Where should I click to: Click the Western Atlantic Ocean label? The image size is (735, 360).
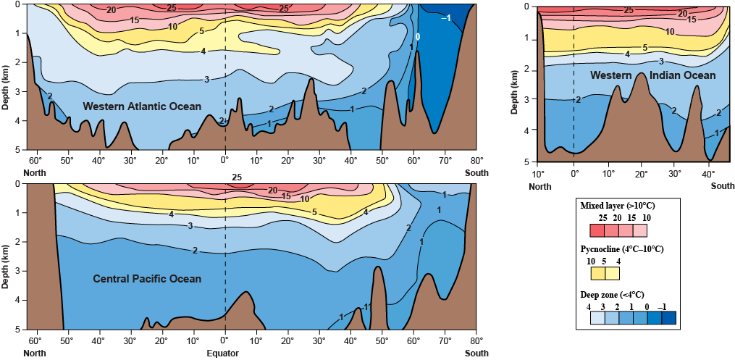point(142,106)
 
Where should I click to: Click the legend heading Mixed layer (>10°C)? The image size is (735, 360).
point(622,206)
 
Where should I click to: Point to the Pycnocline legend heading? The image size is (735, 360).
point(622,248)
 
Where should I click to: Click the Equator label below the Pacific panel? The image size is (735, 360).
point(224,353)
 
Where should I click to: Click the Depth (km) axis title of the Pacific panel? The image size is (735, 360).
point(6,256)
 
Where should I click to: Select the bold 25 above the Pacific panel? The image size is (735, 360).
point(237,177)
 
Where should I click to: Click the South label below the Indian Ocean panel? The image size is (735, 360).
point(722,186)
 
